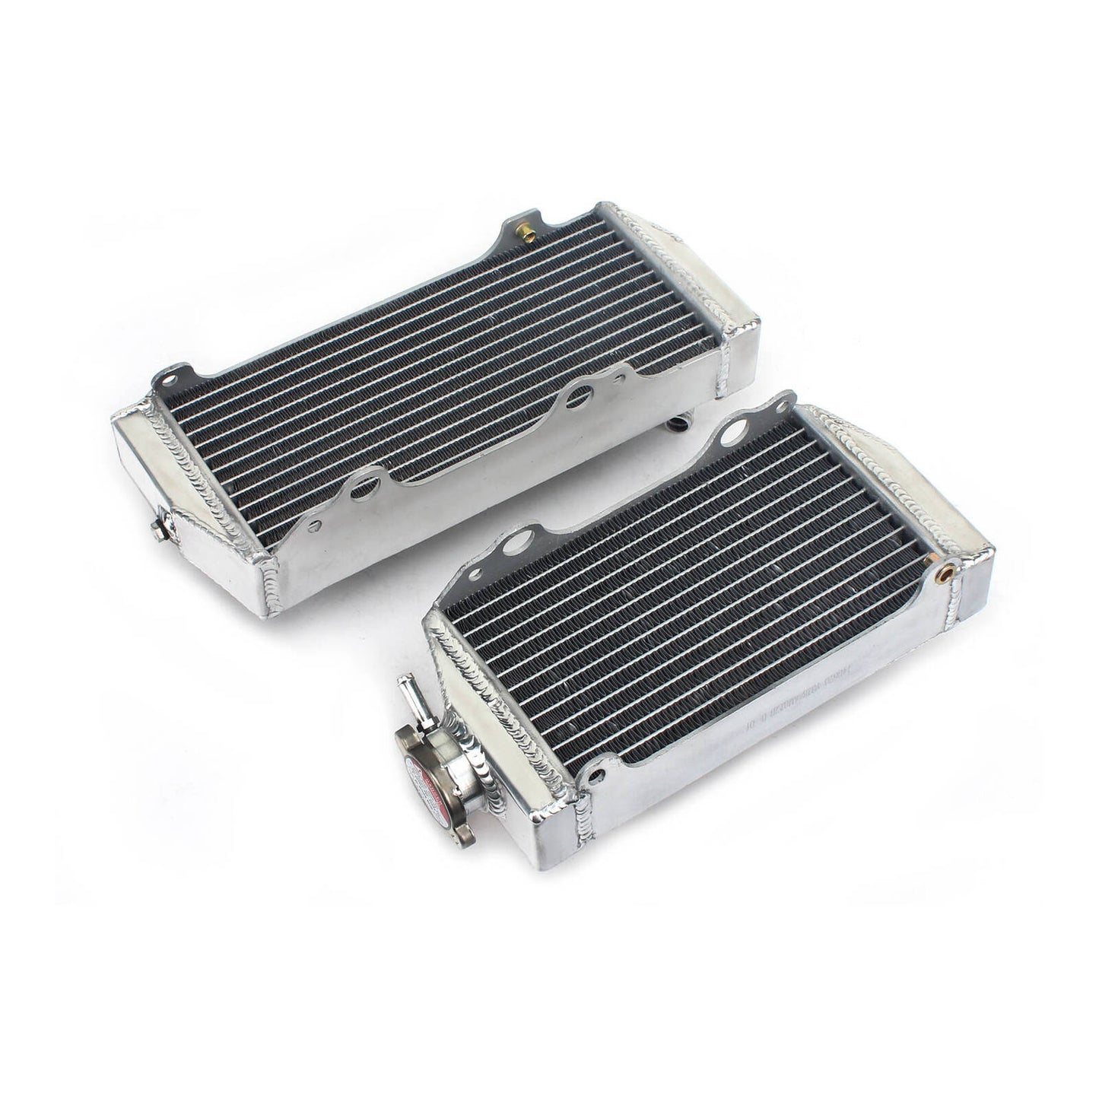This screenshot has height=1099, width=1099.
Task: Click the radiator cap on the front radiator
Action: [x=435, y=775]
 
